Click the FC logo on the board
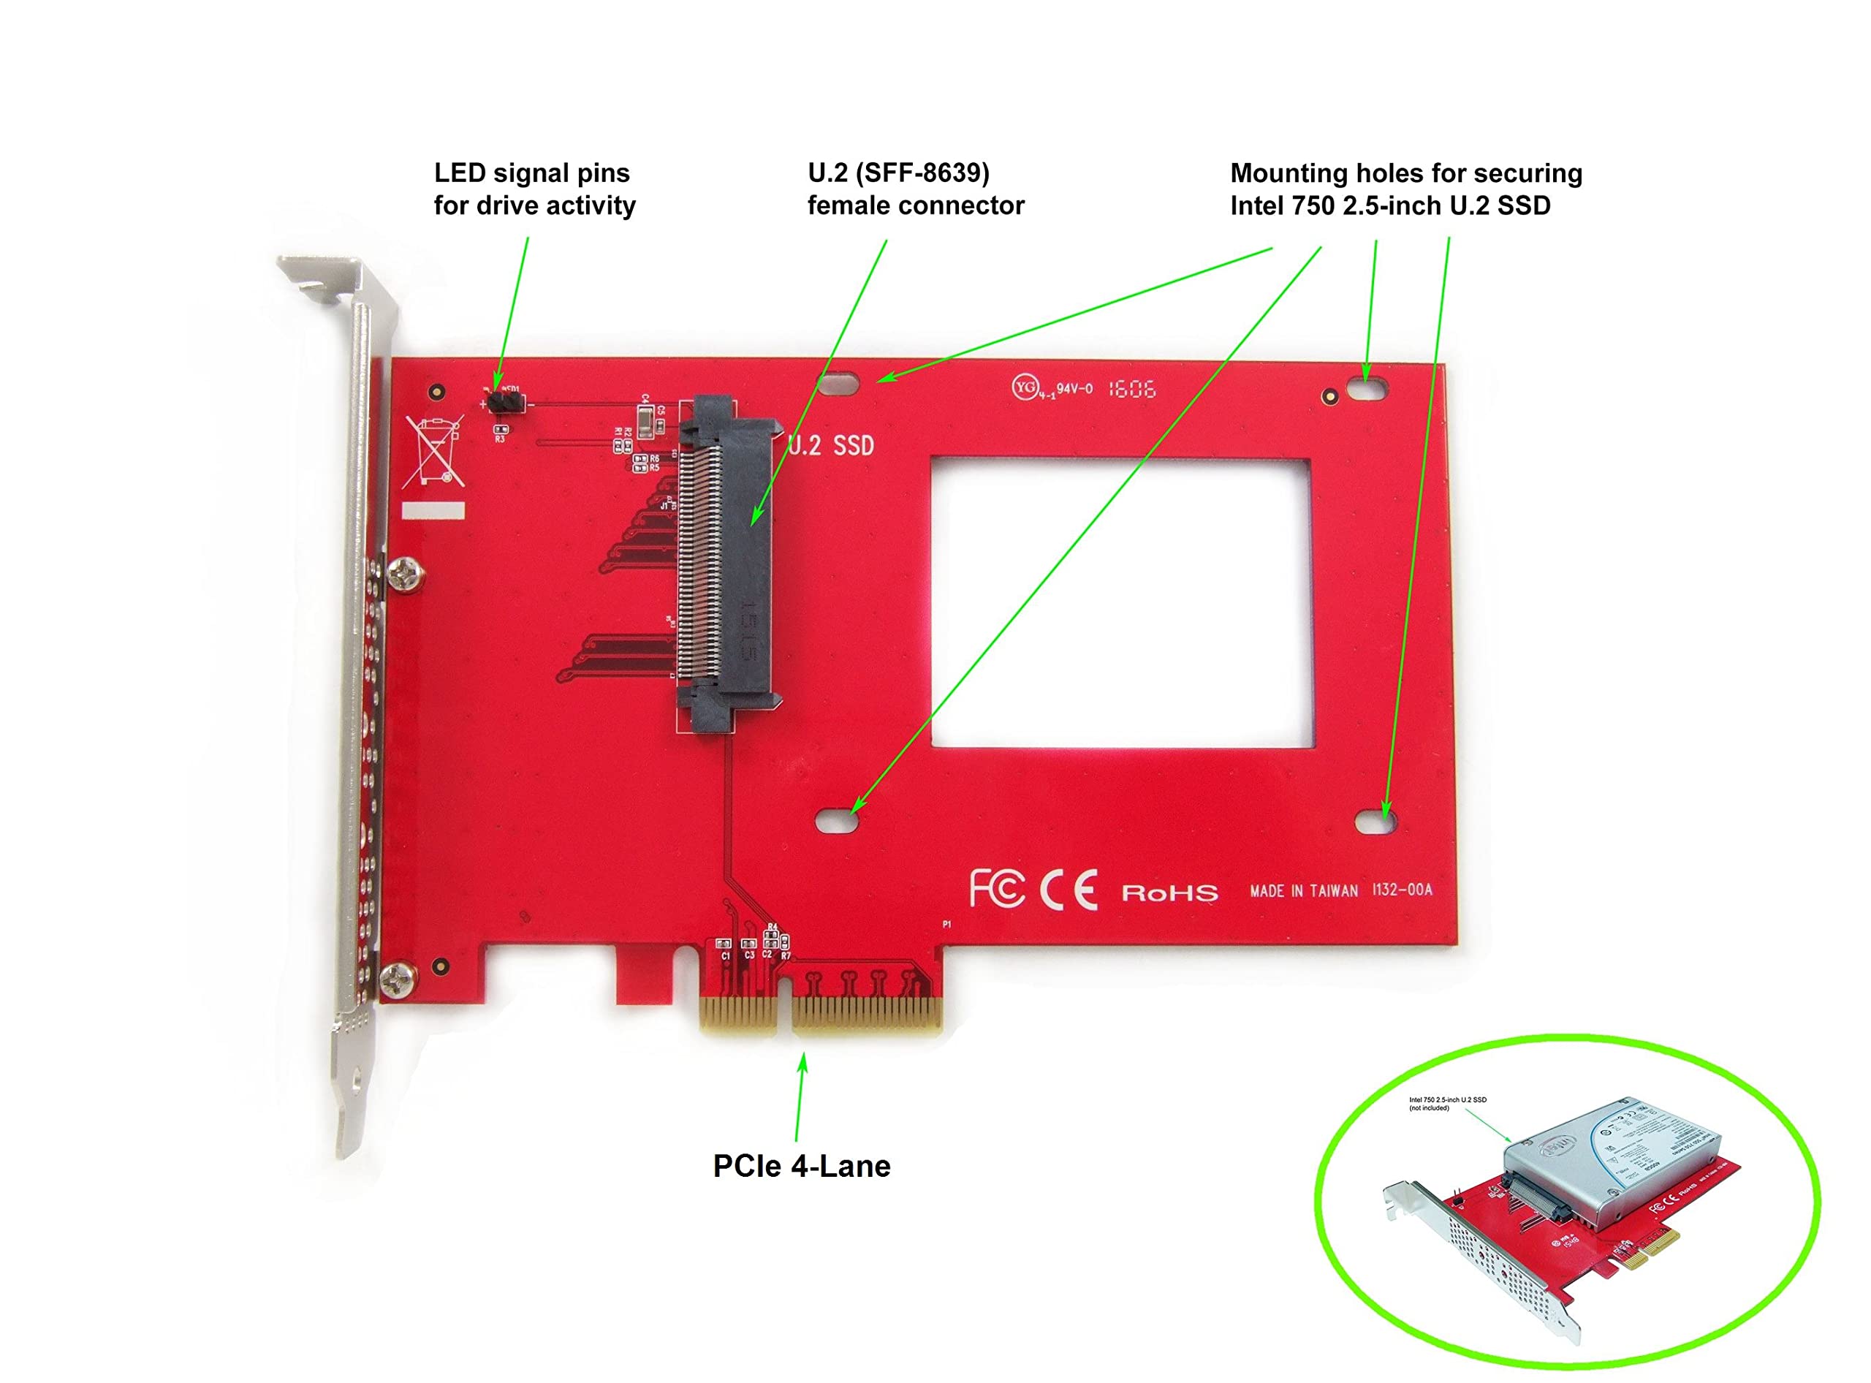point(996,889)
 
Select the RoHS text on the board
point(1169,893)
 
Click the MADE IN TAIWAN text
point(1303,892)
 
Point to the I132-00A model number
point(1403,890)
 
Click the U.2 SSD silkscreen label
point(831,445)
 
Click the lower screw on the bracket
point(397,977)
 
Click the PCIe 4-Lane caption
point(801,1166)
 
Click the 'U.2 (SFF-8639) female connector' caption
point(915,189)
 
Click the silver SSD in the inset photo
point(1612,1159)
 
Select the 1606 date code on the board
point(1132,388)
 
